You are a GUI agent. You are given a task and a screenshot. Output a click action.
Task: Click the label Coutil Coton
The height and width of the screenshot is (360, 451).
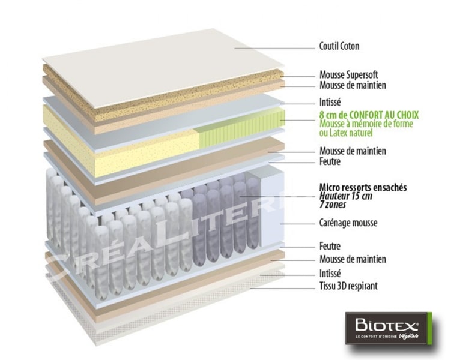[339, 46]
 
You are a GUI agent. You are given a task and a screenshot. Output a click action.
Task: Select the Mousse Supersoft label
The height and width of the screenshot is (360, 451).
[348, 76]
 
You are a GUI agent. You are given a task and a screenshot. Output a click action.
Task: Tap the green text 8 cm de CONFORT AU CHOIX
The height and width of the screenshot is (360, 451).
[369, 114]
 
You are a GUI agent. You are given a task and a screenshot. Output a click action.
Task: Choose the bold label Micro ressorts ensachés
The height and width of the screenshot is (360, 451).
[363, 188]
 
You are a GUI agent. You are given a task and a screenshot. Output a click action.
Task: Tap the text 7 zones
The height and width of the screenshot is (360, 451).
[332, 205]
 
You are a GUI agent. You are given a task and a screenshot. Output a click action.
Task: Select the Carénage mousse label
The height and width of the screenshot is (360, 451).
[348, 223]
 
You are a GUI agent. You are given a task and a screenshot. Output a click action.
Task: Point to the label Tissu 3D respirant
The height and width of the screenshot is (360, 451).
[349, 286]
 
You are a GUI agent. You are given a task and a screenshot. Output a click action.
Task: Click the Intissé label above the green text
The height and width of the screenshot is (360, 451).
[331, 102]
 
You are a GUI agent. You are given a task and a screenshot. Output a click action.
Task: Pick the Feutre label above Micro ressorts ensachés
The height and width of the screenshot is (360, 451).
[330, 162]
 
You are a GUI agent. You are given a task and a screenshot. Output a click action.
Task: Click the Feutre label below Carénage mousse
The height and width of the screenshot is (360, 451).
[330, 246]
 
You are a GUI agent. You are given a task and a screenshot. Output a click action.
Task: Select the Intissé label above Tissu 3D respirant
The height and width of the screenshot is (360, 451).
[331, 274]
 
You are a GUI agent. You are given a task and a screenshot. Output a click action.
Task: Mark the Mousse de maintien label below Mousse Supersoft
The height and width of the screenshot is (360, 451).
[353, 86]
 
